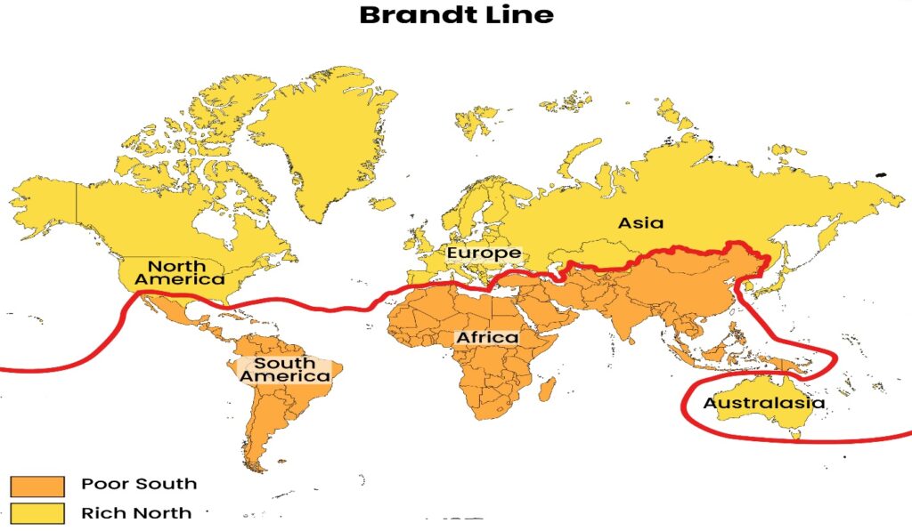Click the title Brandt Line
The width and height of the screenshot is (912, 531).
point(456,15)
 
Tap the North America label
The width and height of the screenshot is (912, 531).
point(177,272)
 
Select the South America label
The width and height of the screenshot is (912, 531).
point(284,369)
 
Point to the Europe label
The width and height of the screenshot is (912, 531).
point(484,253)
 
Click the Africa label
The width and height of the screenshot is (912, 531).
point(486,338)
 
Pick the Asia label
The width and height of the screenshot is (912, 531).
point(641,222)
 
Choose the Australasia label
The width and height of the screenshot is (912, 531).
point(763,403)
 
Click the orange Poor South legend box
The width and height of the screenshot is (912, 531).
point(37,486)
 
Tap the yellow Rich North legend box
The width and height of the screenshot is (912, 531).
point(37,513)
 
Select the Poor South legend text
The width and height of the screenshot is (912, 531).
point(139,485)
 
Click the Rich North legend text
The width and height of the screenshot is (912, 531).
point(136,513)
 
